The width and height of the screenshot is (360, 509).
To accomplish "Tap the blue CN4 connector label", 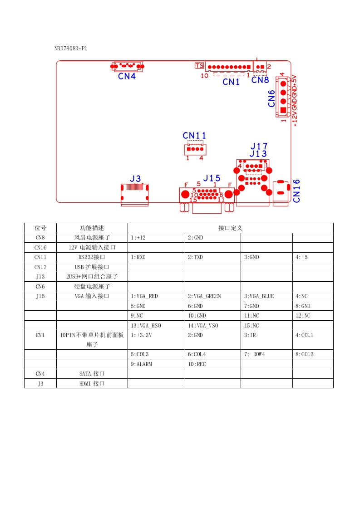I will tap(127, 76).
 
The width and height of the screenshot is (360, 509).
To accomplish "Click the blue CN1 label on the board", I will tap(231, 82).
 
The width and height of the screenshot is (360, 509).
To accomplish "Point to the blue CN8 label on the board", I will tap(260, 80).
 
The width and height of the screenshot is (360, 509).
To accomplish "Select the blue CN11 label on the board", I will tap(195, 136).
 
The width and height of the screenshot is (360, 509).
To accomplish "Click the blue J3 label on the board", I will tap(135, 179).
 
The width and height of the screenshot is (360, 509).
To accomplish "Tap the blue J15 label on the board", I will tap(212, 178).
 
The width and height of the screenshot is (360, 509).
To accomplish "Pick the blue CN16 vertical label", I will tap(297, 191).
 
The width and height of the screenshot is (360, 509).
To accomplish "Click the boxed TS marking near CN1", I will tap(199, 66).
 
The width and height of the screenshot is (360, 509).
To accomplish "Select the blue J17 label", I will tap(259, 147).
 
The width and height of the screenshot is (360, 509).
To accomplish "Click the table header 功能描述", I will tap(92, 228).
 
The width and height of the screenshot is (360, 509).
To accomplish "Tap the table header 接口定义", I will tap(231, 228).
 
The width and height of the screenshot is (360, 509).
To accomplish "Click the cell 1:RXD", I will tap(138, 257).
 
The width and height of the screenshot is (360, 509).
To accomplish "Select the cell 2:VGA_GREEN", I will tap(204, 296).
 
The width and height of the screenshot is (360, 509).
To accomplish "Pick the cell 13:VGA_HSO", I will tap(146, 326).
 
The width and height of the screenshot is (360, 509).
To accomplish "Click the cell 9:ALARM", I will tap(141, 364).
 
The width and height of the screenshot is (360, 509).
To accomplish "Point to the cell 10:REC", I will tap(197, 364).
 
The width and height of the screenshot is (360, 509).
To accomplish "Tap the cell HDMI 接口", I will tap(92, 384).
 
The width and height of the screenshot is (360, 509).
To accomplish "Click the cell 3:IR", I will tap(250, 335).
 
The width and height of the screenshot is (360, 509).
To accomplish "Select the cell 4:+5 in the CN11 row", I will tap(301, 257).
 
